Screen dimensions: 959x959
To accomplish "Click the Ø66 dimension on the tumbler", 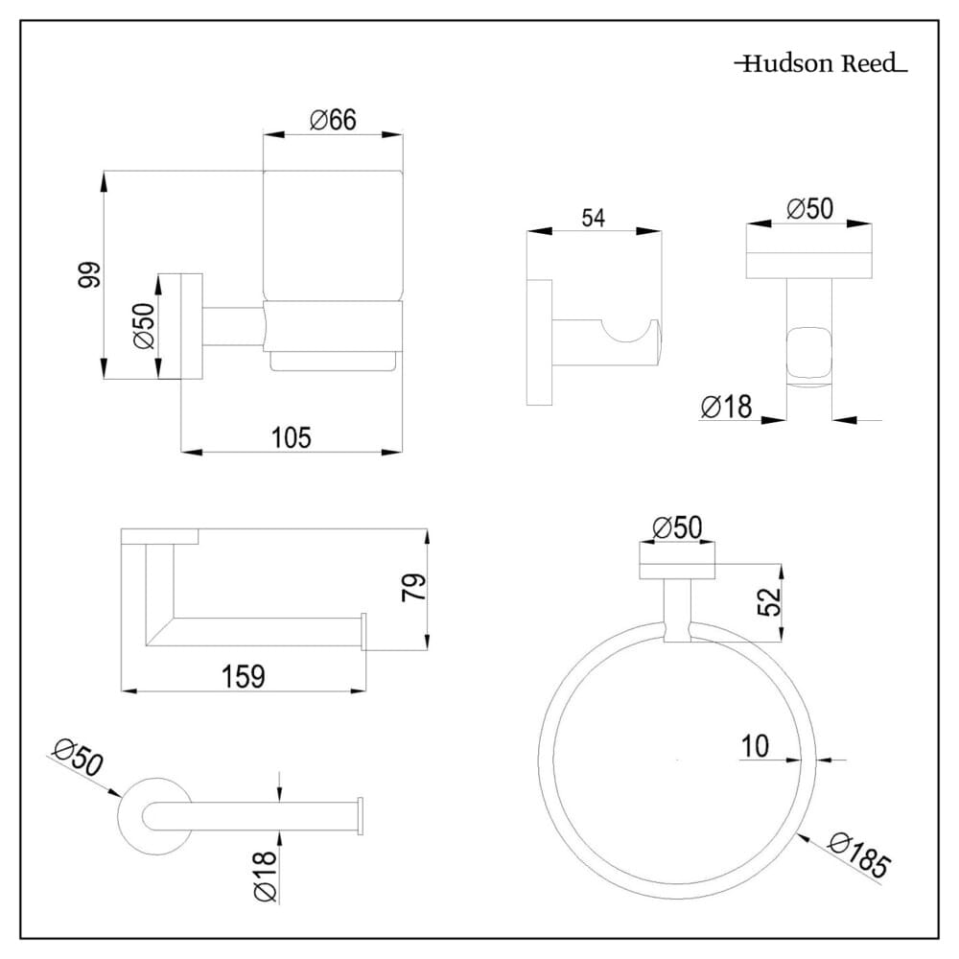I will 333,120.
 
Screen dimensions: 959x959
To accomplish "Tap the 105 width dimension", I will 292,437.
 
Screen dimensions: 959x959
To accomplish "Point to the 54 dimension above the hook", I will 594,218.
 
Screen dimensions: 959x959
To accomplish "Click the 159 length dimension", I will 243,676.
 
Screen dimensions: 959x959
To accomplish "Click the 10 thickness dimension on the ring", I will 756,746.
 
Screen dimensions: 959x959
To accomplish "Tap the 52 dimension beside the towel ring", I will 768,601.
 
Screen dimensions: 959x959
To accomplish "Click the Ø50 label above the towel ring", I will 676,526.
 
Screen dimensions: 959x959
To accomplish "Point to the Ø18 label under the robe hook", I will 726,408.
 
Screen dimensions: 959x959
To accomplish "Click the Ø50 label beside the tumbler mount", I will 144,326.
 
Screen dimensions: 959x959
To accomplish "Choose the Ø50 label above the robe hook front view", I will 809,208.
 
